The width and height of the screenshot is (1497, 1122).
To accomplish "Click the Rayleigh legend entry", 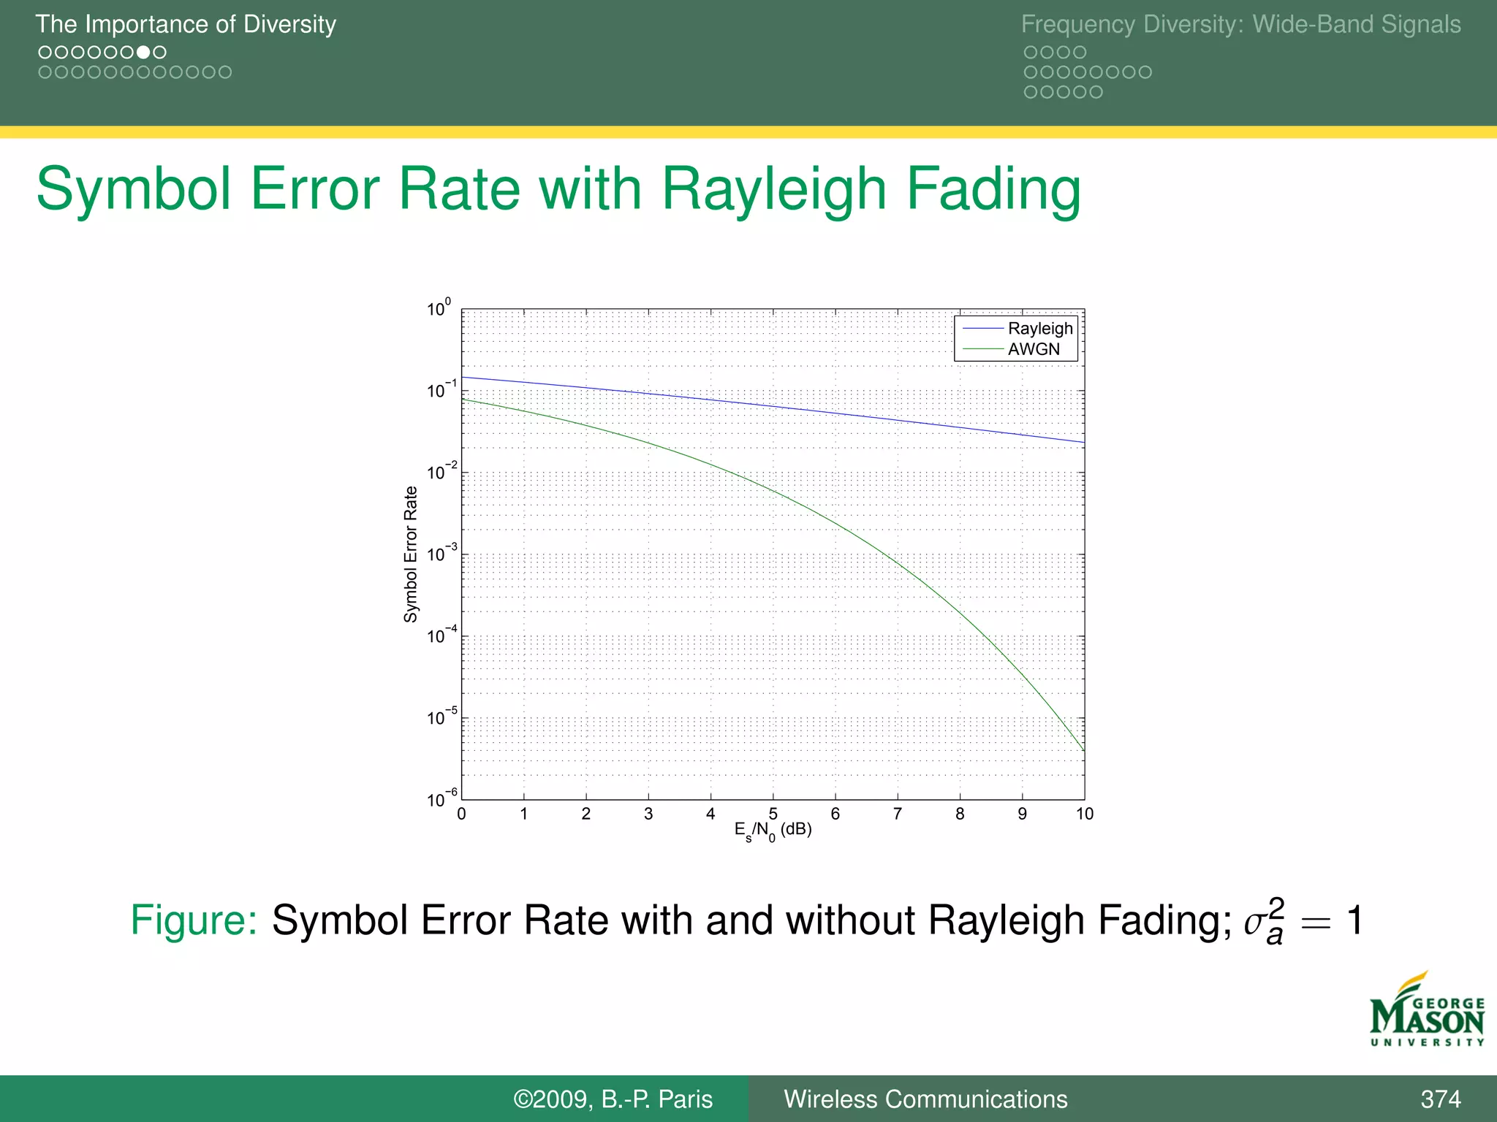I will tap(1039, 329).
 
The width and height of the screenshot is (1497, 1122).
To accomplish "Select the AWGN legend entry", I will tap(1033, 349).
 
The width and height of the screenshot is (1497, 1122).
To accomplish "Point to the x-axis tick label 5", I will tap(773, 814).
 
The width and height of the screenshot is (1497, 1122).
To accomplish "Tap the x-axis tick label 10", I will tap(1084, 814).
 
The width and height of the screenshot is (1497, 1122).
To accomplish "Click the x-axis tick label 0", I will tap(461, 814).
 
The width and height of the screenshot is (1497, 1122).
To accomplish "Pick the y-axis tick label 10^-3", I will tap(441, 554).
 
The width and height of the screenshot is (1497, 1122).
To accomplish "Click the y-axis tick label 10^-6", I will tap(441, 799).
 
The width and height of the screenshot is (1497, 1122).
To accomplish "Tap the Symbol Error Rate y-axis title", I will tap(411, 554).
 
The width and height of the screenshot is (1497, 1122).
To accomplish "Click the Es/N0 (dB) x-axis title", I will tap(773, 831).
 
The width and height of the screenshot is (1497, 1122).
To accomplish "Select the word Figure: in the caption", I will tap(194, 920).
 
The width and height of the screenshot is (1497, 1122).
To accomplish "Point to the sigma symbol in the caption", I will tap(1255, 923).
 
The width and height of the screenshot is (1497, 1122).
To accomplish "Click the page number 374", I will tap(1440, 1099).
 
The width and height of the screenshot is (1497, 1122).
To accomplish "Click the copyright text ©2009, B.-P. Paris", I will tap(613, 1099).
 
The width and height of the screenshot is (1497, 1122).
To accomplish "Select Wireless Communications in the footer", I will tap(925, 1099).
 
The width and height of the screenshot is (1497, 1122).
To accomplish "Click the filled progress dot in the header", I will tap(143, 52).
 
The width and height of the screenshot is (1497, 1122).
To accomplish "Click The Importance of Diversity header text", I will tap(186, 24).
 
